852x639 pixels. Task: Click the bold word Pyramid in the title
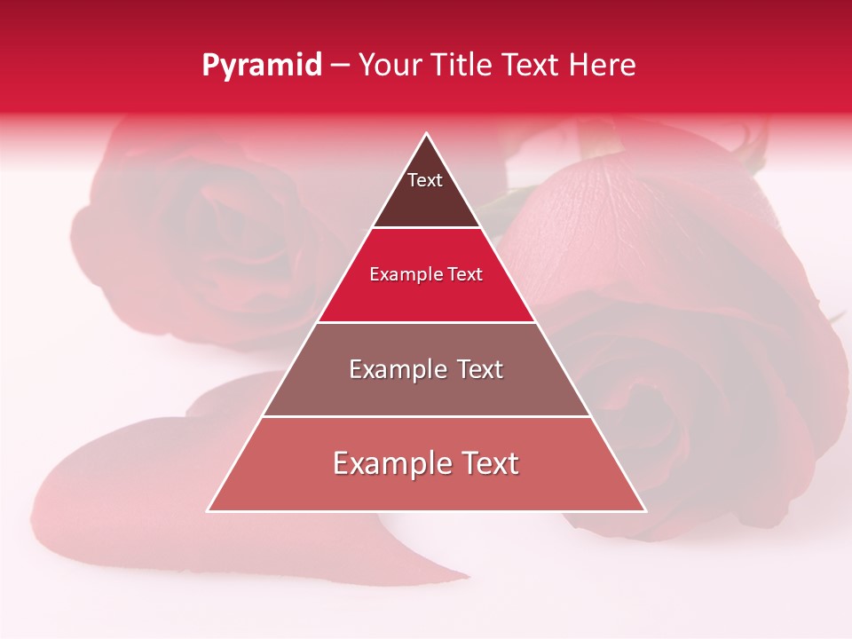tap(262, 66)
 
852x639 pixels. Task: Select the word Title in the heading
tap(465, 66)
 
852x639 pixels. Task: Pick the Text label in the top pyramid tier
tap(425, 180)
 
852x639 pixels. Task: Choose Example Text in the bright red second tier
tap(426, 274)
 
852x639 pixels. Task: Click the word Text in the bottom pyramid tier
tap(485, 463)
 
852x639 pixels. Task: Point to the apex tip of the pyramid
tap(427, 134)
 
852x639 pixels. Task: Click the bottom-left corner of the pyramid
tap(208, 511)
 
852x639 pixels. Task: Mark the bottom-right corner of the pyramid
tap(645, 511)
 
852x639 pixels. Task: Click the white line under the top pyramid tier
tap(426, 228)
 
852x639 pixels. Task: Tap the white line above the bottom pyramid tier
tap(426, 416)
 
